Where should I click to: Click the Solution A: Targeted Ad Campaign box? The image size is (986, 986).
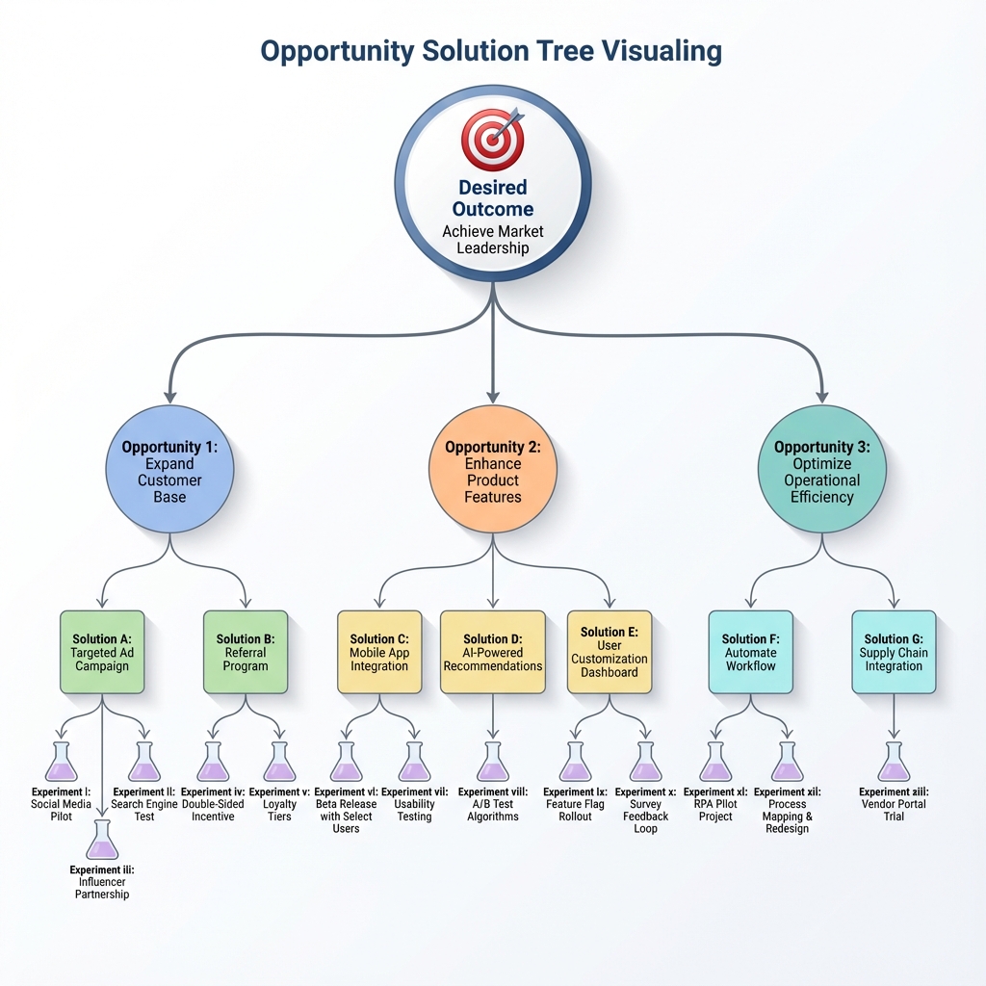coord(102,652)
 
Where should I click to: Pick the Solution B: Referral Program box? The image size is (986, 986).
coord(246,652)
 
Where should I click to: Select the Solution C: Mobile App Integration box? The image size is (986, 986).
coord(379,652)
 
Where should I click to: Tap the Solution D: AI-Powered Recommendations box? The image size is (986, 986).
coord(493,652)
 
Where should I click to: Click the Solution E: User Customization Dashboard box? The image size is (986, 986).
coord(610,652)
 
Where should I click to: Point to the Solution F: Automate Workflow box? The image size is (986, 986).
coord(750,652)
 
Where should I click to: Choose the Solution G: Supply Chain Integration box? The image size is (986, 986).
coord(894,652)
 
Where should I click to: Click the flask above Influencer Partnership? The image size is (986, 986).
coord(102,840)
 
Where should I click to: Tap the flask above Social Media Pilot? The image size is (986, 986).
coord(62,762)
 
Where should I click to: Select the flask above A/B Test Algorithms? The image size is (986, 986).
coord(493,762)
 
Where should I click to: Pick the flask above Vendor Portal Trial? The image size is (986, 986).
coord(894,762)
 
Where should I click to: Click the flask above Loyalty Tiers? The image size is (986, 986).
coord(279,762)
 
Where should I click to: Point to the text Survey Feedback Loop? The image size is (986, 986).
coord(645,817)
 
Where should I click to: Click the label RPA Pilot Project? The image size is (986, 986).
coord(715,811)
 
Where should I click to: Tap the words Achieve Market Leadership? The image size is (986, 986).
coord(493,240)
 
